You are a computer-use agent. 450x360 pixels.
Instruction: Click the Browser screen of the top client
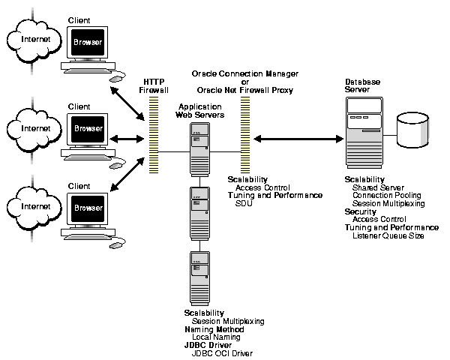point(87,43)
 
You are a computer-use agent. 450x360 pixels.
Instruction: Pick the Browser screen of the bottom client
point(87,207)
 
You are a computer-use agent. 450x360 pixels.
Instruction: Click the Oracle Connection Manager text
point(245,74)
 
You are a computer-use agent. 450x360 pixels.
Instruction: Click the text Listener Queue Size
point(388,235)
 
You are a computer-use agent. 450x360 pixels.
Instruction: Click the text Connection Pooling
point(386,195)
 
